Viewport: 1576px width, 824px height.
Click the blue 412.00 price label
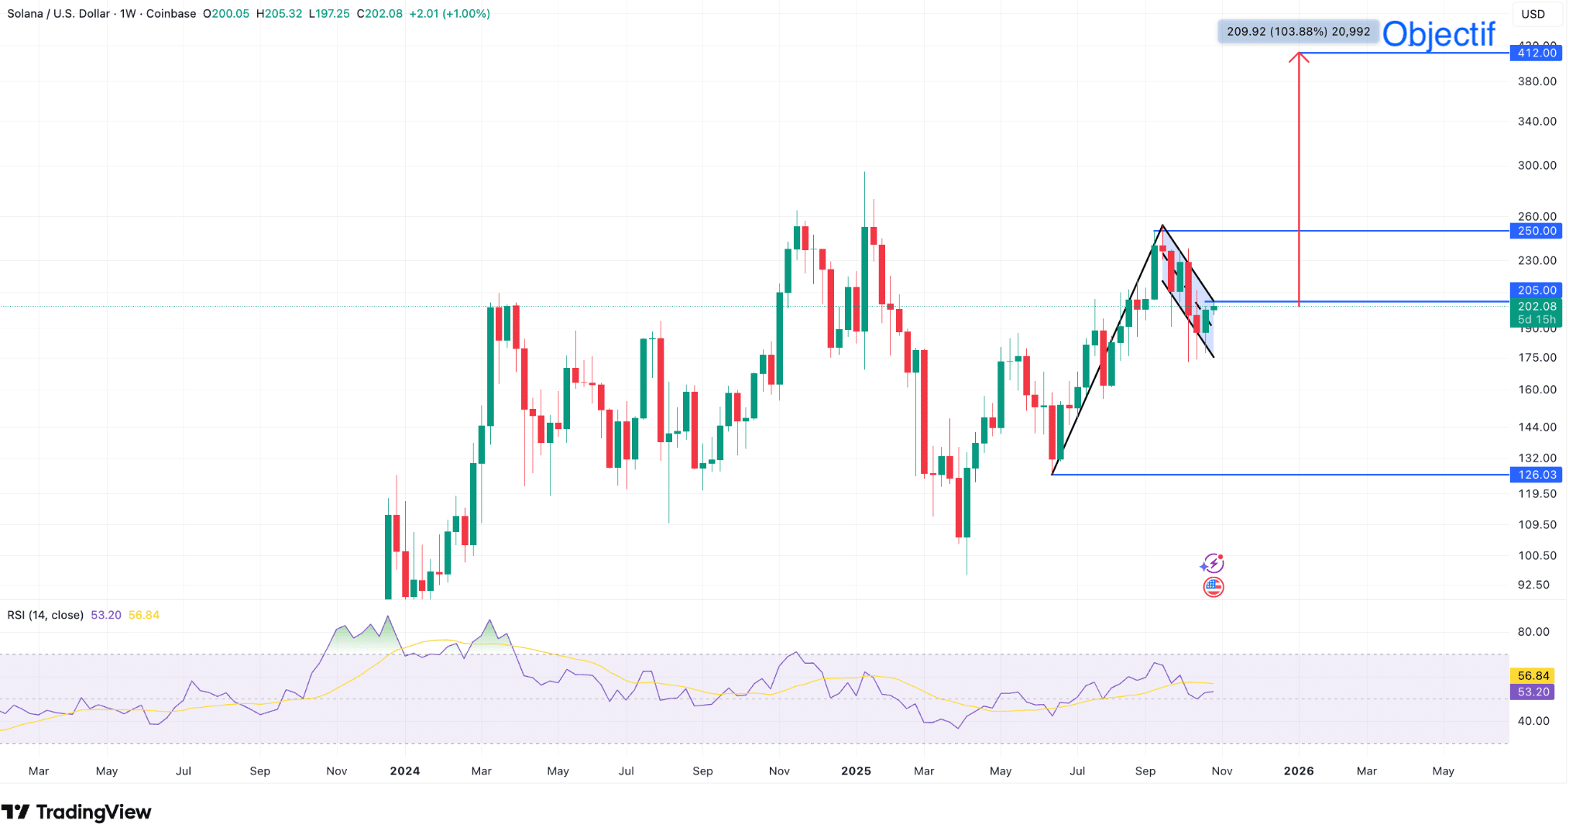[x=1536, y=53]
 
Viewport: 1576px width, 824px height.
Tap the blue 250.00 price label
[x=1536, y=231]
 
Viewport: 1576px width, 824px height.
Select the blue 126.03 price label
[x=1536, y=475]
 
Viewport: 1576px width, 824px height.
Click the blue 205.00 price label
[x=1536, y=290]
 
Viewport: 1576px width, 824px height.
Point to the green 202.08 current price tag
[x=1536, y=307]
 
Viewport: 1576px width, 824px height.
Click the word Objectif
[x=1438, y=34]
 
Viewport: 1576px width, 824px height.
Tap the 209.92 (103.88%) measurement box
[x=1298, y=32]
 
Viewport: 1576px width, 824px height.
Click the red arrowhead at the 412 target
[x=1299, y=57]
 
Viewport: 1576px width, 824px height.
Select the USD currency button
[x=1533, y=14]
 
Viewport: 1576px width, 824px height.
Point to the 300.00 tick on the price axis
[x=1537, y=166]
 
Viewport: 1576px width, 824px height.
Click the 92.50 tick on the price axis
[x=1533, y=585]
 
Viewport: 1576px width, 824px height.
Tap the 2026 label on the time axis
[x=1299, y=771]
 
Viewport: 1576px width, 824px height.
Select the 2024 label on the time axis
[x=405, y=771]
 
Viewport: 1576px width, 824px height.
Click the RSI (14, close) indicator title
[x=45, y=615]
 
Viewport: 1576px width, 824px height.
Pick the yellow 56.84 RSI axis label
[x=1533, y=676]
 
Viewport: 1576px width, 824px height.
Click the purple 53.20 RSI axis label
[x=1533, y=692]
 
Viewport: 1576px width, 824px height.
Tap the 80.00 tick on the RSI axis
[x=1533, y=632]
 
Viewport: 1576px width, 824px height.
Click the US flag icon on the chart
[x=1214, y=587]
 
